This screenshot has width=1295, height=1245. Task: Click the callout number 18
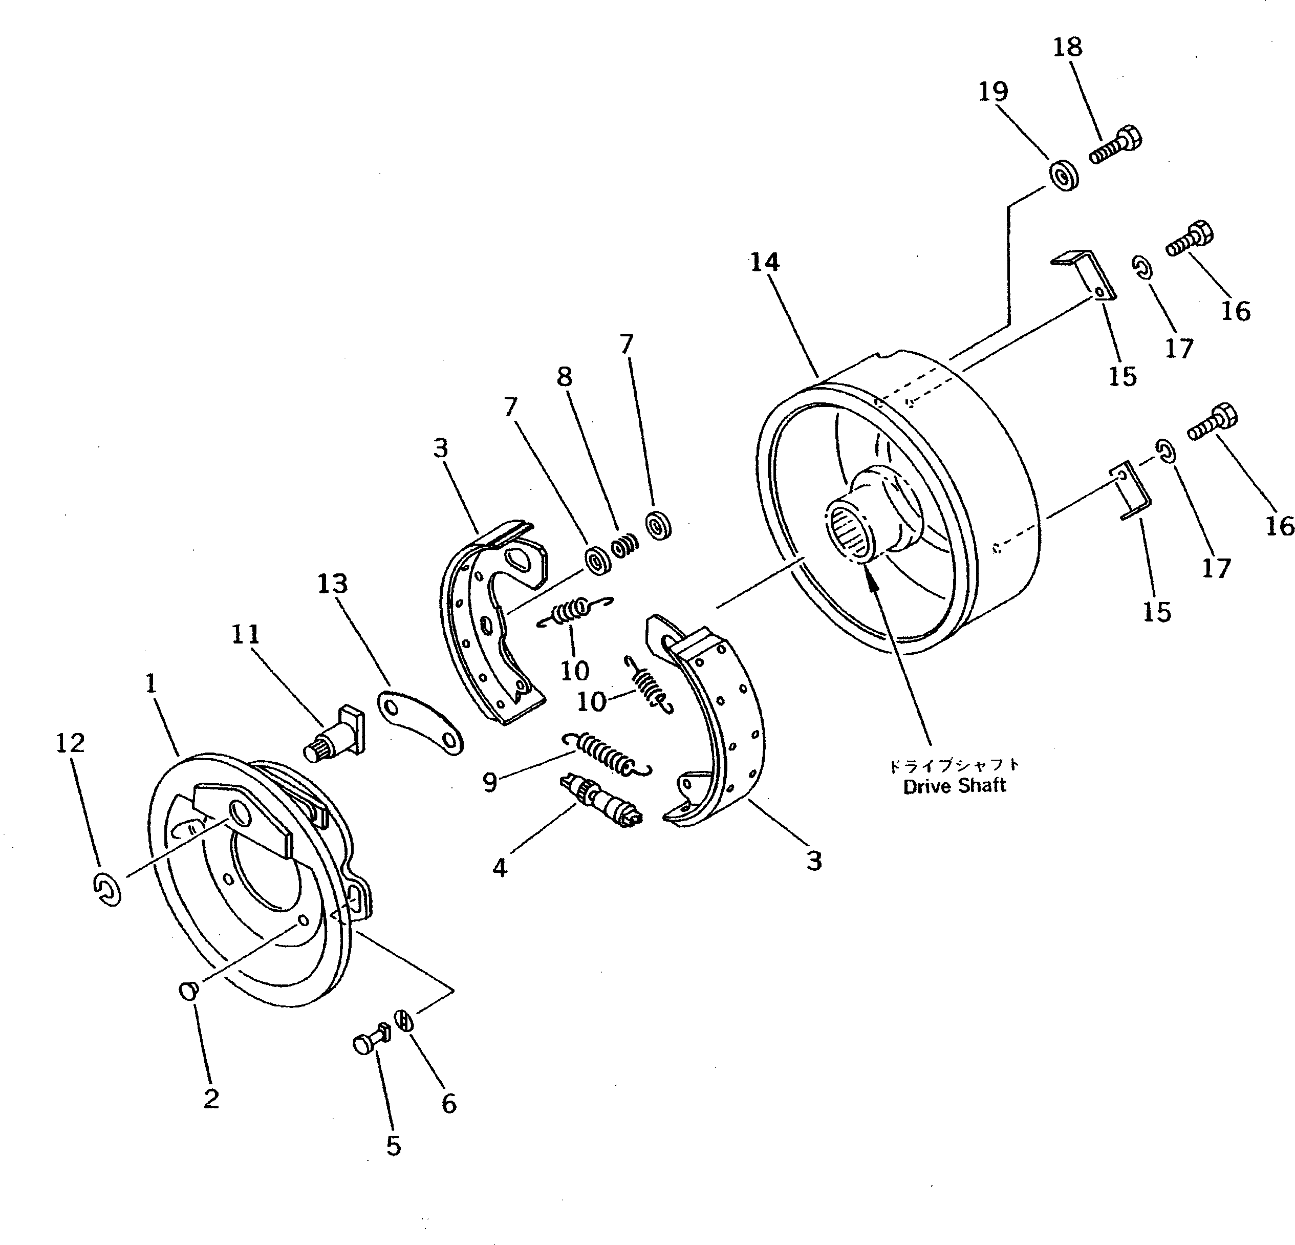coord(1067,48)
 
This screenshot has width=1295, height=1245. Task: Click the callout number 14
coord(764,262)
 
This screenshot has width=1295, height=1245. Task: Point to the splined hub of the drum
coord(852,529)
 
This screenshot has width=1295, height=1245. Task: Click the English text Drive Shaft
coord(954,786)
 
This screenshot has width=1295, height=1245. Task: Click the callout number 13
coord(332,584)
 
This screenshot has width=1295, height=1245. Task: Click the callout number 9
coord(489,782)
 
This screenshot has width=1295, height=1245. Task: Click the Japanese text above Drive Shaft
coord(954,765)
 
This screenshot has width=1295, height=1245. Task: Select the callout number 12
coord(70,743)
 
